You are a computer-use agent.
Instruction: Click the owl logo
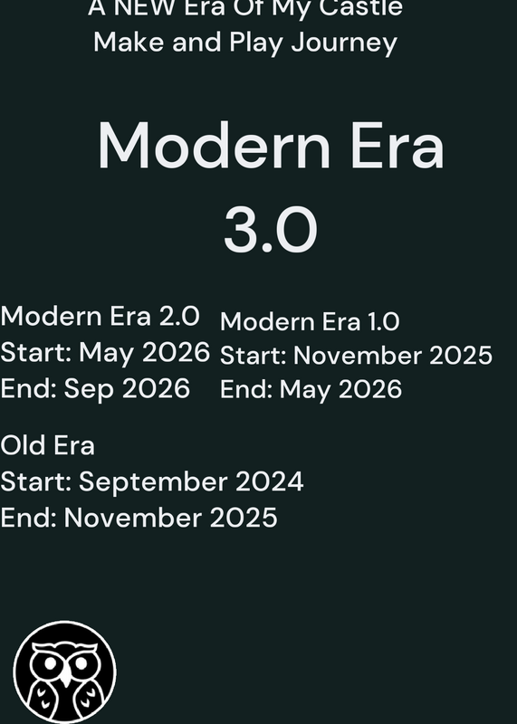pos(64,672)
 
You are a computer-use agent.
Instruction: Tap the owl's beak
pos(65,675)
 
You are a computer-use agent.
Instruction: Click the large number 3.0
pos(271,230)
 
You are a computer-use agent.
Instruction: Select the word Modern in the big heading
pos(215,145)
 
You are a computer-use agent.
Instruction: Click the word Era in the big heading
pos(397,145)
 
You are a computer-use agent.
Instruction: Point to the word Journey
pos(344,43)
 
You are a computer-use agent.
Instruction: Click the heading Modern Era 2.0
pos(101,316)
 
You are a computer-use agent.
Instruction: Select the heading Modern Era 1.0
pos(310,321)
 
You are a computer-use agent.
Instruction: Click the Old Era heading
pos(48,445)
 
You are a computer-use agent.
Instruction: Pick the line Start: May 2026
pos(105,352)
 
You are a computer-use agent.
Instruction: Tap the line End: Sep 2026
pos(95,388)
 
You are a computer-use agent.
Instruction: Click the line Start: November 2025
pos(356,356)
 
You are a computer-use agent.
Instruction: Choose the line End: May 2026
pos(311,389)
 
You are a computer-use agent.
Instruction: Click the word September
pos(153,482)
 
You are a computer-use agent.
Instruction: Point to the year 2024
pos(269,481)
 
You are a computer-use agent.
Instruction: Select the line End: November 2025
pos(139,517)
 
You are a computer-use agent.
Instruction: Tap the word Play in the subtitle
pos(256,43)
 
